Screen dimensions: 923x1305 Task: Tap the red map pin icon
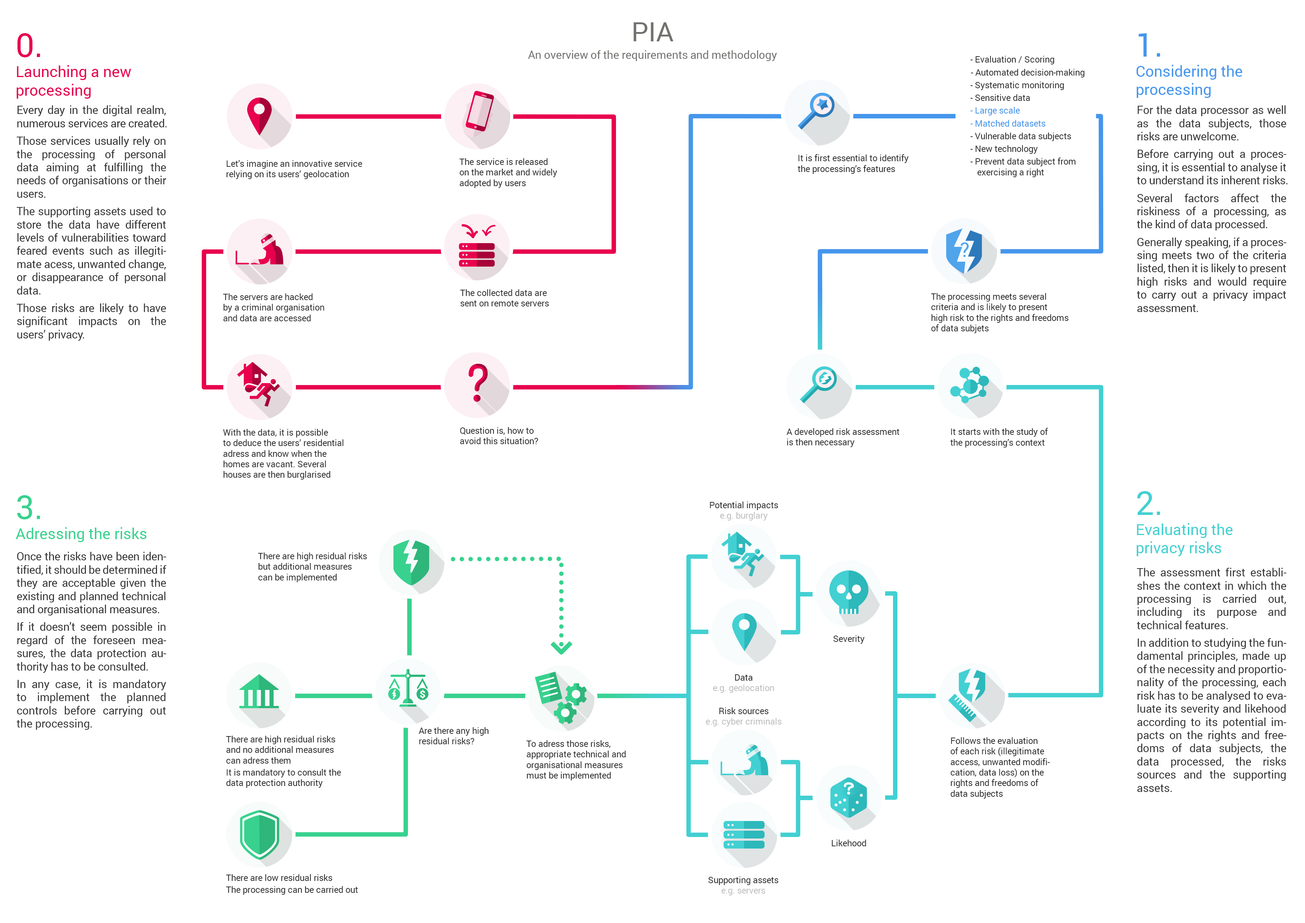pos(259,116)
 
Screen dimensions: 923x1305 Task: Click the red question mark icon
pos(478,384)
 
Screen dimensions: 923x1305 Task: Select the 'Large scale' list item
pos(996,110)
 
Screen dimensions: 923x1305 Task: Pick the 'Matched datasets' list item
pos(1009,123)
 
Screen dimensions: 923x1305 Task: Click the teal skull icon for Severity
pos(848,593)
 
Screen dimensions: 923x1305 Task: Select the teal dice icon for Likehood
pos(848,797)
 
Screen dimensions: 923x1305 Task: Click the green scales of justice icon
pos(408,689)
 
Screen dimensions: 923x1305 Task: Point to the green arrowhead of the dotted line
pos(561,647)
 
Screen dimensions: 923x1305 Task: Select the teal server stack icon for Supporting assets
pos(743,834)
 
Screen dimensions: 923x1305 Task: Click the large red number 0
pos(28,45)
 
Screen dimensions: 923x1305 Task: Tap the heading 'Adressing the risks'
pos(81,534)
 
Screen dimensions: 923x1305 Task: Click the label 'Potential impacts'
pos(743,505)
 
